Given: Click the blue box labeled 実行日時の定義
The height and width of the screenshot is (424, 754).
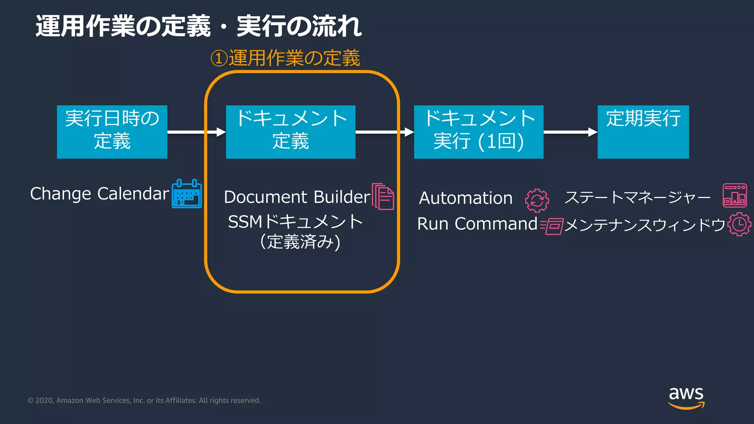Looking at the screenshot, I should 112,132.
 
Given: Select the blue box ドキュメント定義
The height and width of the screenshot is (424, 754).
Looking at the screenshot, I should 290,132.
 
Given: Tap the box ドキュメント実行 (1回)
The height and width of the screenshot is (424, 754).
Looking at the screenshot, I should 479,132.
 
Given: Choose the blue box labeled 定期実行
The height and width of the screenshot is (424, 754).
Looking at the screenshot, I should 643,132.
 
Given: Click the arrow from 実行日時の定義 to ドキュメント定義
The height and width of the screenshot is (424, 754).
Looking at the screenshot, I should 196,132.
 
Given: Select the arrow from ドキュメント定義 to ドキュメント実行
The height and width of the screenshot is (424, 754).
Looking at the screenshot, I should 384,132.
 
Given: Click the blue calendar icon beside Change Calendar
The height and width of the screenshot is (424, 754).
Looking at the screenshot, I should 187,194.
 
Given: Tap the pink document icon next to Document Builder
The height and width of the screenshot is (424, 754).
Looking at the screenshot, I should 383,196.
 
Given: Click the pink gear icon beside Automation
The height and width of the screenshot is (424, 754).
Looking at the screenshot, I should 537,200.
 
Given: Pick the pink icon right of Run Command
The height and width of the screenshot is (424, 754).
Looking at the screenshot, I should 552,225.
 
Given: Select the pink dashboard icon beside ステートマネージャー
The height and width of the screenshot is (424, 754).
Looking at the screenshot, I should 734,195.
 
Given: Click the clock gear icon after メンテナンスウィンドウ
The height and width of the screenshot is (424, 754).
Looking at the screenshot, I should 739,224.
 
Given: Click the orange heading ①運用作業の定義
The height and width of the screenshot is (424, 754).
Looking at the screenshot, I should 285,58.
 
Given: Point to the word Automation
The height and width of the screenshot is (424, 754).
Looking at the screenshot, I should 466,198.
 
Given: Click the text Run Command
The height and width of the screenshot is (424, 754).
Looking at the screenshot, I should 477,224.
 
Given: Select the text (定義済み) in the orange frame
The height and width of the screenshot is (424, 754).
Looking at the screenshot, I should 300,242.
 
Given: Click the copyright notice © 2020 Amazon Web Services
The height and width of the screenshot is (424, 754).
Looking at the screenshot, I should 144,400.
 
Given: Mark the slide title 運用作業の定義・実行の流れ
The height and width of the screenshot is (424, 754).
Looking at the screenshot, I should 199,26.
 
